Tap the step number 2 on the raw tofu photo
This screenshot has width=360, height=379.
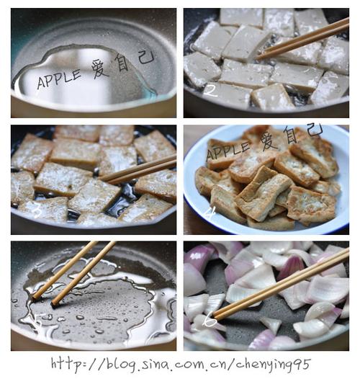tap(210, 89)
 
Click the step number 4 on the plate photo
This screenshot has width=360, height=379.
tap(210, 212)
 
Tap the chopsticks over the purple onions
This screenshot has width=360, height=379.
tap(281, 285)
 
